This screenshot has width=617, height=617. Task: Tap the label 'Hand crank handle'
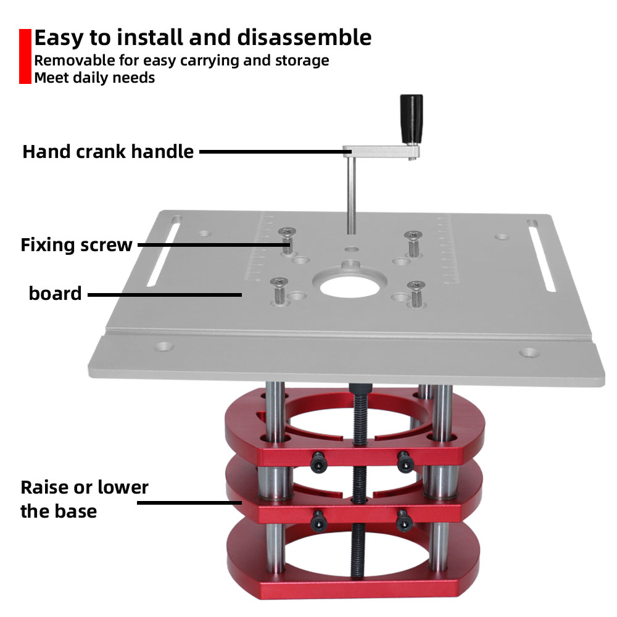[x=108, y=152]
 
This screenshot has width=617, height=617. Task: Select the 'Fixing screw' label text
[x=77, y=245]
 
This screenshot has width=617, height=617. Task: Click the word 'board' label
[x=55, y=293]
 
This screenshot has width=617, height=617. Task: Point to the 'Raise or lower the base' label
[x=85, y=499]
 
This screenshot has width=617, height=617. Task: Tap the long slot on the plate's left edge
[x=162, y=252]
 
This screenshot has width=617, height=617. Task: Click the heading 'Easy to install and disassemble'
[x=202, y=38]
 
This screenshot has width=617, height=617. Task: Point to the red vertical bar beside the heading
[x=25, y=56]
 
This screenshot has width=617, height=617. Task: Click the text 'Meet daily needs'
[x=94, y=78]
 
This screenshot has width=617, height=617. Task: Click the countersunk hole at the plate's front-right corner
[x=528, y=353]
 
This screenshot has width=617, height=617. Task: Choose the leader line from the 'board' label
[x=164, y=295]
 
